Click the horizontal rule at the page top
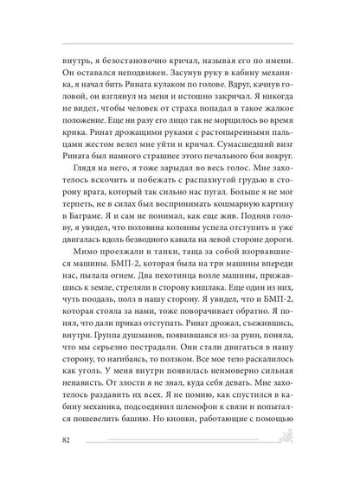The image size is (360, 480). point(180,42)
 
